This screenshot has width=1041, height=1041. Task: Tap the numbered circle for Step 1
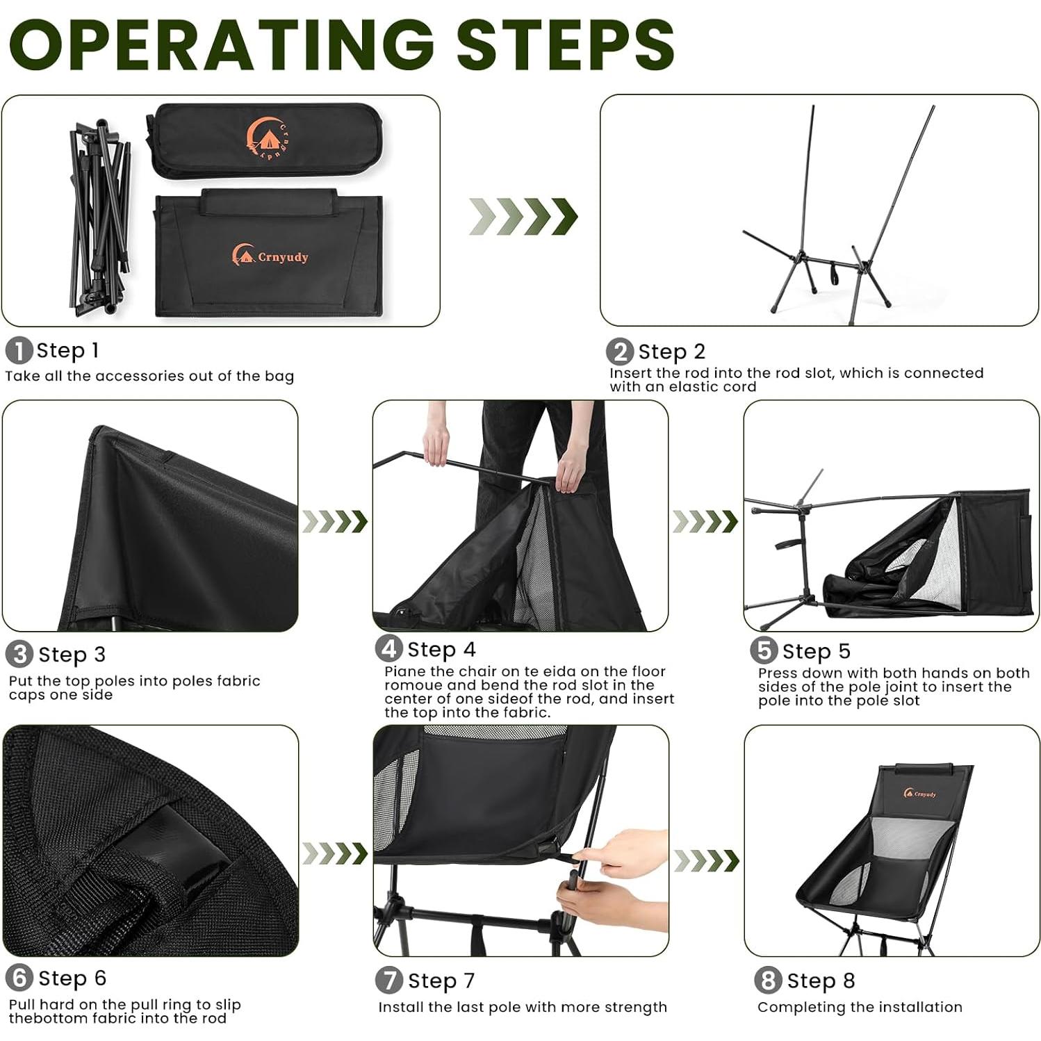point(19,350)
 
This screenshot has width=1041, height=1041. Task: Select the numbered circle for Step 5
point(764,651)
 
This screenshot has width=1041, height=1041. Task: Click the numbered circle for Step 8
point(768,981)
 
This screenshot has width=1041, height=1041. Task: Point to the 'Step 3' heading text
point(72,655)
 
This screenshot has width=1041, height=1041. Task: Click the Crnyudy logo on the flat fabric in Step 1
point(270,255)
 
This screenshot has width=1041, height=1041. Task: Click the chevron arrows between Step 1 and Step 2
point(523,216)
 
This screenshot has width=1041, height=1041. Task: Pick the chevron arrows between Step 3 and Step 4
point(335,521)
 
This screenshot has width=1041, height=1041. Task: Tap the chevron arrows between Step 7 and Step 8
point(706,860)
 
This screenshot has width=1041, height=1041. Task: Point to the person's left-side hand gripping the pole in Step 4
point(436,445)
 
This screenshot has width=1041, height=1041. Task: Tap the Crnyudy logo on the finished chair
point(919,794)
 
